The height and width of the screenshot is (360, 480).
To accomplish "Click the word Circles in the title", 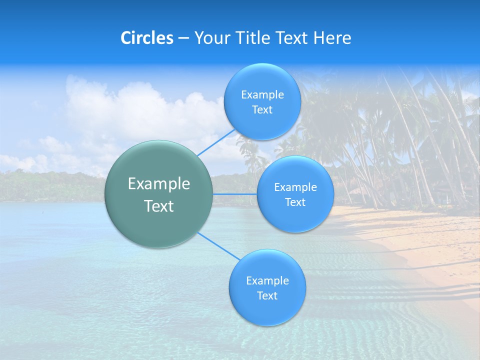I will click(147, 38).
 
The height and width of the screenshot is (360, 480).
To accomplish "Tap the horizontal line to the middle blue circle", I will click(234, 194).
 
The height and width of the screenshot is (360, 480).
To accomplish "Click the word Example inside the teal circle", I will click(159, 184).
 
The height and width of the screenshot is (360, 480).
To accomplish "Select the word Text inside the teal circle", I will click(159, 206).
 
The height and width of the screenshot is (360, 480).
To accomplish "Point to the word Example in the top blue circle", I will click(262, 95).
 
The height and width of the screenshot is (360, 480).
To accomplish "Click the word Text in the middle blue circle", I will click(295, 202).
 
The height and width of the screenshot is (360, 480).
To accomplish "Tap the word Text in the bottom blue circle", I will click(267, 296).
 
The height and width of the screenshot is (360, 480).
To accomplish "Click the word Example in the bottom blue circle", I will click(267, 281).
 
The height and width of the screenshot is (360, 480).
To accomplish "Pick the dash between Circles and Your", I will click(183, 38).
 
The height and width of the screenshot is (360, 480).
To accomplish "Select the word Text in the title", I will click(293, 38).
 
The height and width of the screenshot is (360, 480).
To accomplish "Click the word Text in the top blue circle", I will click(262, 110).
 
